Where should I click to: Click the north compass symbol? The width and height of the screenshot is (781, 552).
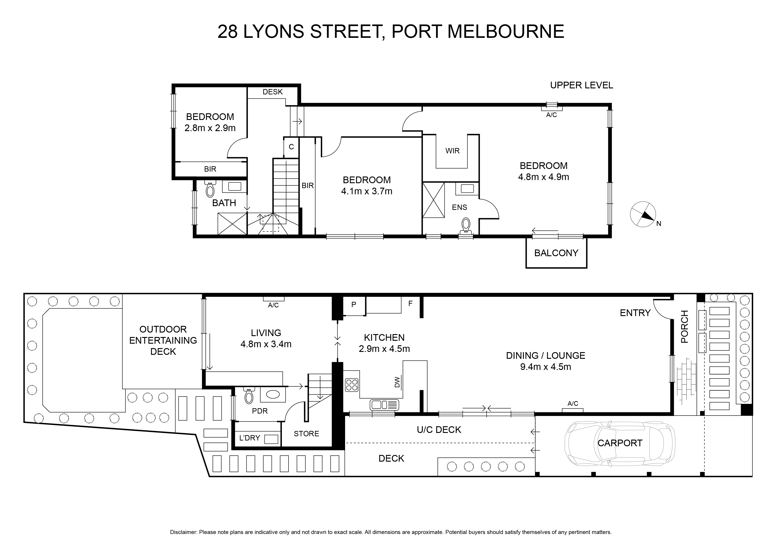tap(643, 215)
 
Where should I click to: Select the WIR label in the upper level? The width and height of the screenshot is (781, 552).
tap(452, 151)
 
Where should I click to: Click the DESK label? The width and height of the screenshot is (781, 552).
tap(273, 92)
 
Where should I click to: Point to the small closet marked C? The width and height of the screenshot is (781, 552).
tap(291, 147)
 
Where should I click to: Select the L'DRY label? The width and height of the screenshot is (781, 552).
tap(250, 438)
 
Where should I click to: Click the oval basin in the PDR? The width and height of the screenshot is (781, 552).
tap(273, 395)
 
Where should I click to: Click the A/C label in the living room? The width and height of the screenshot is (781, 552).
tap(273, 305)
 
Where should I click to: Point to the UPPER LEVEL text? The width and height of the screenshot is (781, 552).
tap(581, 85)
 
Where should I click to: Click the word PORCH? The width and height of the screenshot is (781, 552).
tap(684, 327)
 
